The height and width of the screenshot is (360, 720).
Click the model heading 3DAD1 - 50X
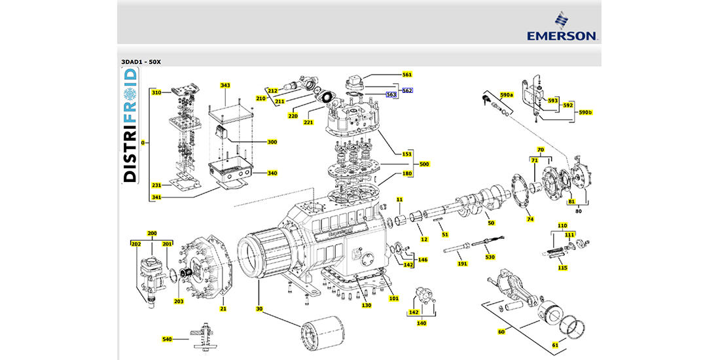[141, 61]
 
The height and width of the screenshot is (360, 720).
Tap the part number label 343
[225, 86]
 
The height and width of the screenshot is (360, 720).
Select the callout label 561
[407, 75]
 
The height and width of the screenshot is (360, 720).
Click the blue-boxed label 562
[407, 90]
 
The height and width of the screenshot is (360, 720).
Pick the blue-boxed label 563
[391, 95]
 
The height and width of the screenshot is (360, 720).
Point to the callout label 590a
[507, 95]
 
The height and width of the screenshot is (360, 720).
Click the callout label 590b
[585, 112]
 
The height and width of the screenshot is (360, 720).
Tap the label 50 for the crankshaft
[492, 223]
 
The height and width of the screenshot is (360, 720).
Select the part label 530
[490, 258]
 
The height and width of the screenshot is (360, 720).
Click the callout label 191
[463, 264]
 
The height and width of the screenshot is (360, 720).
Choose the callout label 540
[167, 339]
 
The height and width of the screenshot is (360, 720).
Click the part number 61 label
[556, 345]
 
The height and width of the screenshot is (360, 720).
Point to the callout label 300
[272, 142]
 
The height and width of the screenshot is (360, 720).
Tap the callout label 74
[530, 219]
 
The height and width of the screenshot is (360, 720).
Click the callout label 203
[179, 302]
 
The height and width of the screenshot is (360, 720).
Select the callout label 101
[393, 298]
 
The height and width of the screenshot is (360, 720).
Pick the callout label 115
[562, 267]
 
